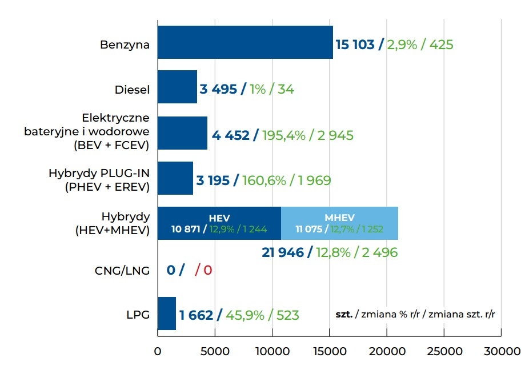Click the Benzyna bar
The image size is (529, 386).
point(245,42)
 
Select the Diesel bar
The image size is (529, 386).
point(177,87)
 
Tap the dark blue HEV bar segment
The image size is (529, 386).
point(219,223)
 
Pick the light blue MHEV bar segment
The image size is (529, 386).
point(339,223)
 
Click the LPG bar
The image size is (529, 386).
point(167,313)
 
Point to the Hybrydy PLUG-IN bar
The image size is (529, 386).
point(175,178)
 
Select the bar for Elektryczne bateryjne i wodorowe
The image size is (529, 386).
point(182,133)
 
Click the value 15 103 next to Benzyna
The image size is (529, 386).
point(355,45)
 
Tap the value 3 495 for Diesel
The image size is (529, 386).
point(218,89)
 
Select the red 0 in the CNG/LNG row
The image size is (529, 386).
point(208,270)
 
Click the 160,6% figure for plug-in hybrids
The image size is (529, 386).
point(263,180)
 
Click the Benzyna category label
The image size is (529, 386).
point(125,45)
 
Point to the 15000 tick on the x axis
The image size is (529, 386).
point(329,351)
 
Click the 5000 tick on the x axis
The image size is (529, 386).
point(215,351)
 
